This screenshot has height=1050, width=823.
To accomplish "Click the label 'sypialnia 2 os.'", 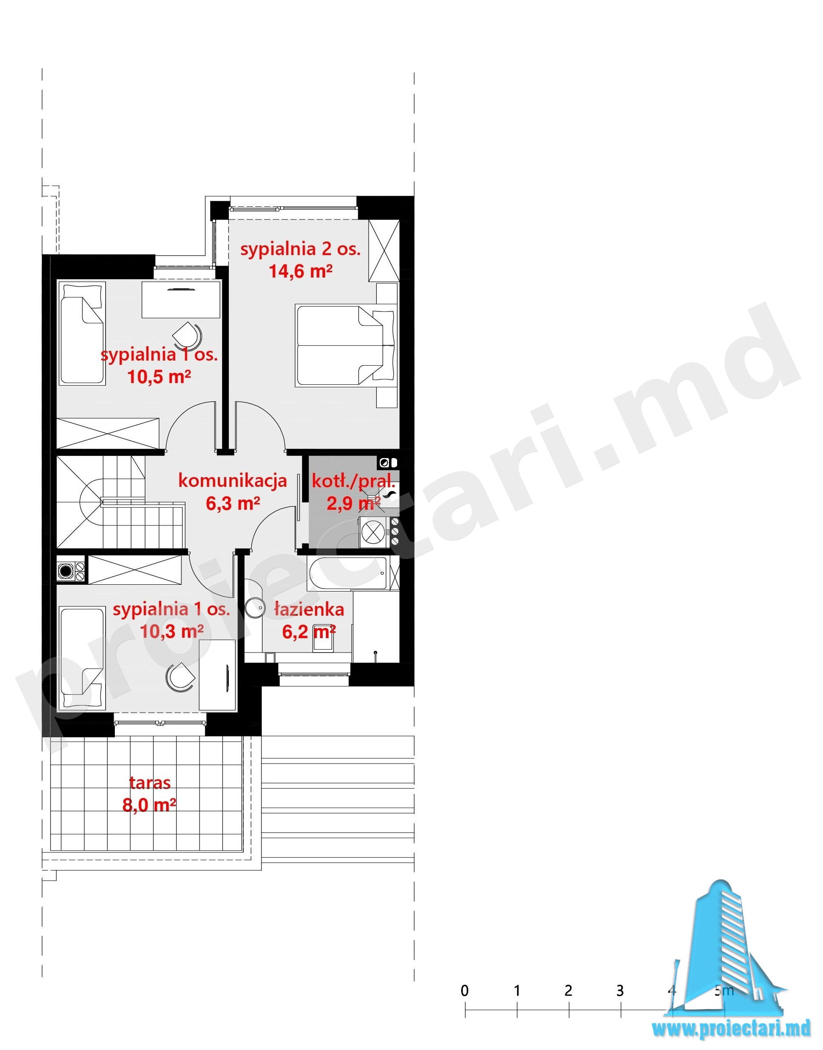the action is click(x=300, y=249).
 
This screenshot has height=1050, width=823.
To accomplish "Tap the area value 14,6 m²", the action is click(x=300, y=271).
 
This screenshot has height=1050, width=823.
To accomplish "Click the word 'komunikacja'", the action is click(x=232, y=480).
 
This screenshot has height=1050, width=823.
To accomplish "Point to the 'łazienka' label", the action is click(x=309, y=610).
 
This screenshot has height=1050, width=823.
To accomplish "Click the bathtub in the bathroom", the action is click(x=348, y=573).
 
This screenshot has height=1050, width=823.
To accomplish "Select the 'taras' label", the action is click(x=150, y=783).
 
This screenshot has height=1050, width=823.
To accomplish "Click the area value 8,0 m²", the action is click(x=149, y=805).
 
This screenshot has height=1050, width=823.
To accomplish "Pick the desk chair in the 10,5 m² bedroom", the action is click(x=186, y=335).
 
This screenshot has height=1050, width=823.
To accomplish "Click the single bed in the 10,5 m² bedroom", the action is click(x=82, y=333).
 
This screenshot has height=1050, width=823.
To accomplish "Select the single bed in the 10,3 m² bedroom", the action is click(x=82, y=658).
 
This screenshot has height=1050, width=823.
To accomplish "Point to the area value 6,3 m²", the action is click(x=233, y=503).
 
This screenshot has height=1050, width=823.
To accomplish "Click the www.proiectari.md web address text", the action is click(x=731, y=1029).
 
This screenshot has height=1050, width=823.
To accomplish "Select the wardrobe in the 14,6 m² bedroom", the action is click(x=384, y=250).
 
